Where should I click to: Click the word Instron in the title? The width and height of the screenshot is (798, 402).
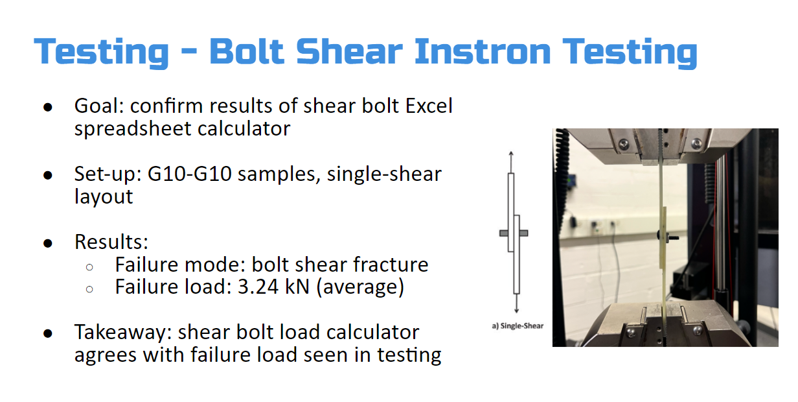[x=483, y=52]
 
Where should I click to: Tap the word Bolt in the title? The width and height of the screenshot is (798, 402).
[x=247, y=51]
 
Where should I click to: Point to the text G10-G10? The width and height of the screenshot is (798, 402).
[x=190, y=174]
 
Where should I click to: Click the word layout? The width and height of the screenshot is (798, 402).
[x=104, y=197]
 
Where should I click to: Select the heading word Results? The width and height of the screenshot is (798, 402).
[x=111, y=242]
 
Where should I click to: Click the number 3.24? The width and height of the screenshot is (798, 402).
[x=258, y=287]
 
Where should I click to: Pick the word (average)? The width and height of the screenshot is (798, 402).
[x=360, y=287]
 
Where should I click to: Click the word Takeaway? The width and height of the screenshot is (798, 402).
[x=123, y=333]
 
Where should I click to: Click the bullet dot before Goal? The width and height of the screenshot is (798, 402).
[x=48, y=107]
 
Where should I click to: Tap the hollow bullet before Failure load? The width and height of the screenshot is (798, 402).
[x=89, y=289]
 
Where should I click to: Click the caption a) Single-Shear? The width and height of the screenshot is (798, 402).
[x=518, y=326]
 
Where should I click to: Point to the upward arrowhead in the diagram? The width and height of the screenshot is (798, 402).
[x=511, y=154]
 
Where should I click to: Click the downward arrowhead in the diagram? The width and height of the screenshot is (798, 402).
[x=517, y=311]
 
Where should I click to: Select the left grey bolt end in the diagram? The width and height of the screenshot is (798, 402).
[x=504, y=233]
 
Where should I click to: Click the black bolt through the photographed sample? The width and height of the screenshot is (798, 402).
[x=668, y=237]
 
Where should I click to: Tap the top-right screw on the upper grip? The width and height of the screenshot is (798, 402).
[x=696, y=144]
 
